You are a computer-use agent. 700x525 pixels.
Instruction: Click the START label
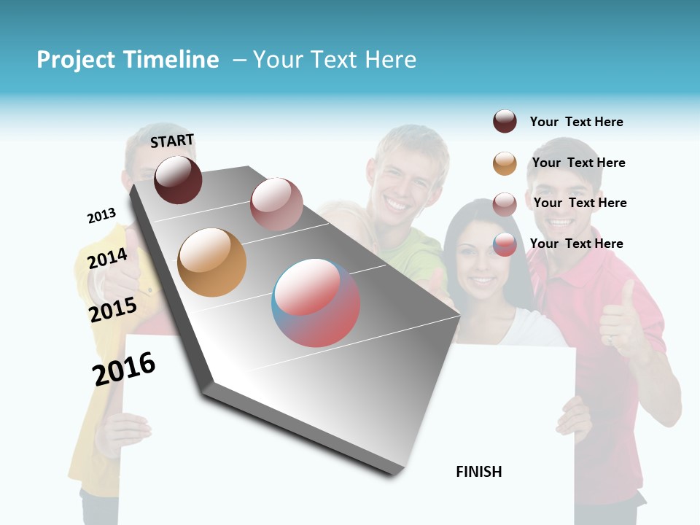[x=172, y=140]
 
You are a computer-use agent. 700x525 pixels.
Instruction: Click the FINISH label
[x=478, y=472]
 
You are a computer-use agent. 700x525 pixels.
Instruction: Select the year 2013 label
[x=101, y=216]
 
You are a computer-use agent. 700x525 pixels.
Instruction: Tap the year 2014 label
[x=107, y=258]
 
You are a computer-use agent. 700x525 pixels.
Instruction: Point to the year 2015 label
[x=112, y=310]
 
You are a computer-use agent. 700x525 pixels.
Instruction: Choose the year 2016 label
[x=124, y=368]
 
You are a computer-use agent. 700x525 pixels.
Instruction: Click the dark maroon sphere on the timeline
[x=178, y=179]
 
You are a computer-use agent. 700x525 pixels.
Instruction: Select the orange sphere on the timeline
[x=211, y=262]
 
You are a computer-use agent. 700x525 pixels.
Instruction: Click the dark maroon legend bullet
[x=505, y=121]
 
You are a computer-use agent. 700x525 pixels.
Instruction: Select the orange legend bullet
[x=505, y=163]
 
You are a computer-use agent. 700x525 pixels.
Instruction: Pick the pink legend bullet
[x=505, y=204]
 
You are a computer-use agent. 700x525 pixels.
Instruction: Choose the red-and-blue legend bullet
[x=505, y=244]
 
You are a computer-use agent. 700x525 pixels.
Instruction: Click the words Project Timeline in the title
[x=128, y=60]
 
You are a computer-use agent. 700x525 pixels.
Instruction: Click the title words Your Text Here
[x=335, y=60]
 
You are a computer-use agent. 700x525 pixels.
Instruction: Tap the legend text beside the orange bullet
[x=578, y=163]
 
